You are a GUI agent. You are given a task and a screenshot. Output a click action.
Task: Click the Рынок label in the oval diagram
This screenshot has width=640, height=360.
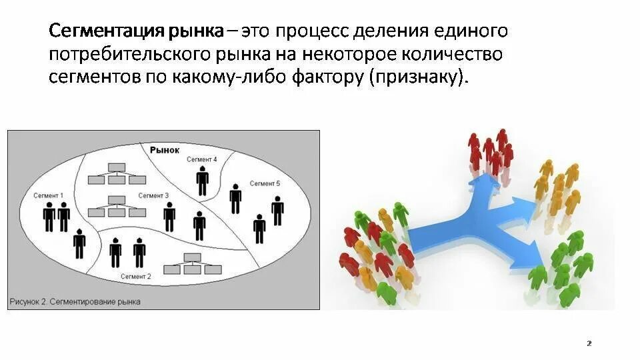click(165, 150)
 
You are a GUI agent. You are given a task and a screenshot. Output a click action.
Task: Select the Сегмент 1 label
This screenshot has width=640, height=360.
click(48, 195)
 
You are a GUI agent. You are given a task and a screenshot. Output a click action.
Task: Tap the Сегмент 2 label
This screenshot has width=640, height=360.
click(135, 275)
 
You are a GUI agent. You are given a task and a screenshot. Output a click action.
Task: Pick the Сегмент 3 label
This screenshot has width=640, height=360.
click(153, 195)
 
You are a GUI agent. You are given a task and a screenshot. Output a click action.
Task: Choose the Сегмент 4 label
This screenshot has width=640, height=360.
click(201, 159)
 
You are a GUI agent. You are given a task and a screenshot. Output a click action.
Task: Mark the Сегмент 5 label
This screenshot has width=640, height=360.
click(265, 183)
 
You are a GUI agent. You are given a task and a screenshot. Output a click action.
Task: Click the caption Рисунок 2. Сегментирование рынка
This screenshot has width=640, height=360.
click(75, 301)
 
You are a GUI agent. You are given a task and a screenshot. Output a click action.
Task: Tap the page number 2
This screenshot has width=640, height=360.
click(589, 343)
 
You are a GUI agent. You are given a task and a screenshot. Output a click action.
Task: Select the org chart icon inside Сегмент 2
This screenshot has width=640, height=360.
click(193, 264)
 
